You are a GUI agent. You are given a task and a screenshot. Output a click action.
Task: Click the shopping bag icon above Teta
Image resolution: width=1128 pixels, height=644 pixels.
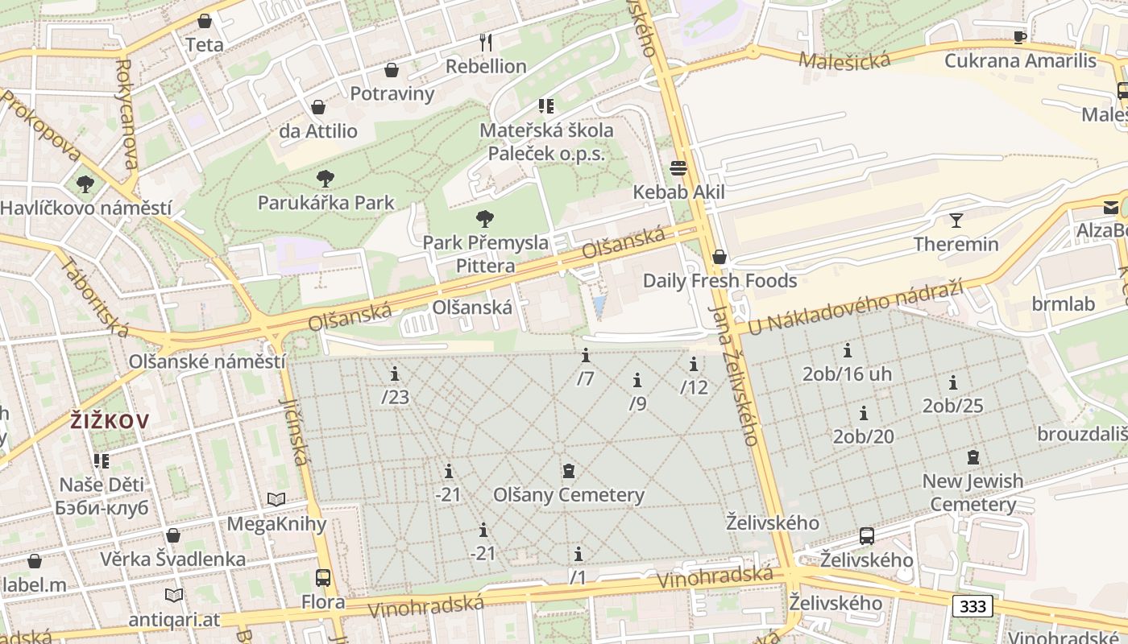(x=205, y=21)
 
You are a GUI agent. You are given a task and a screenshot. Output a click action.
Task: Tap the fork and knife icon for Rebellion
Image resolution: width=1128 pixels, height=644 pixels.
(x=486, y=42)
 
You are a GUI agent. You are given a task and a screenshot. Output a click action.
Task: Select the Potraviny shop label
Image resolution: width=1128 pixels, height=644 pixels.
(x=392, y=93)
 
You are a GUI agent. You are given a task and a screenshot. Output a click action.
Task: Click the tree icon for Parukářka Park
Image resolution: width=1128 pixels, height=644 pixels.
(x=326, y=179)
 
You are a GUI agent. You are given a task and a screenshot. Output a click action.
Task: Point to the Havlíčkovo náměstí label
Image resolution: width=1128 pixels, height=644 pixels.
(x=85, y=208)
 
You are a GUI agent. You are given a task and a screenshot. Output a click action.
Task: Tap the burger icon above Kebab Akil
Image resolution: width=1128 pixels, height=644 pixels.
(x=678, y=168)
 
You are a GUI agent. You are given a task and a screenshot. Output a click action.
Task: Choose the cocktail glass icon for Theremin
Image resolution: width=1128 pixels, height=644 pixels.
(x=956, y=221)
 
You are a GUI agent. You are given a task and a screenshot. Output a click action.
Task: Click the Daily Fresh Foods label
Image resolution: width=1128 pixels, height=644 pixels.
(x=720, y=281)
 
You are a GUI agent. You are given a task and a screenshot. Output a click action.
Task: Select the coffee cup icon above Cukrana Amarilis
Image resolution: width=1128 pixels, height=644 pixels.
(x=1020, y=37)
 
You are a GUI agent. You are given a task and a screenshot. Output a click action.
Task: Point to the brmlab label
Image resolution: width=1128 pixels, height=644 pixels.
(x=1064, y=303)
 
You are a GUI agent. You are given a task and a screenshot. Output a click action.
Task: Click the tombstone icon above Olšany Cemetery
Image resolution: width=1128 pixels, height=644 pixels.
(x=569, y=471)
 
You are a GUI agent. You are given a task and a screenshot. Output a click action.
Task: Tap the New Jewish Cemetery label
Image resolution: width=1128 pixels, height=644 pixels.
(x=972, y=493)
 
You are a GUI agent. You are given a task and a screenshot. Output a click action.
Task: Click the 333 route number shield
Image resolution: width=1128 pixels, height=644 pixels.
(x=972, y=606)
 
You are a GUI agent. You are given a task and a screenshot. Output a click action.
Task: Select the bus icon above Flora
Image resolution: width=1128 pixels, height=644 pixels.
(x=323, y=578)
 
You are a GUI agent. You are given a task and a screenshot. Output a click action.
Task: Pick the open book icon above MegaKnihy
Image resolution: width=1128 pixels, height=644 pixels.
(x=276, y=500)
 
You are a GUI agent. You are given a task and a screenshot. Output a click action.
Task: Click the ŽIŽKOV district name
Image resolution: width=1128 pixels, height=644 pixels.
(x=110, y=420)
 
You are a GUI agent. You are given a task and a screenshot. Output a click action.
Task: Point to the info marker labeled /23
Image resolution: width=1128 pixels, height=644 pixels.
(x=395, y=374)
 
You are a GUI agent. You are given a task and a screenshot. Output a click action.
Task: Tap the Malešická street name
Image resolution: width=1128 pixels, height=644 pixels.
(x=844, y=60)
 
